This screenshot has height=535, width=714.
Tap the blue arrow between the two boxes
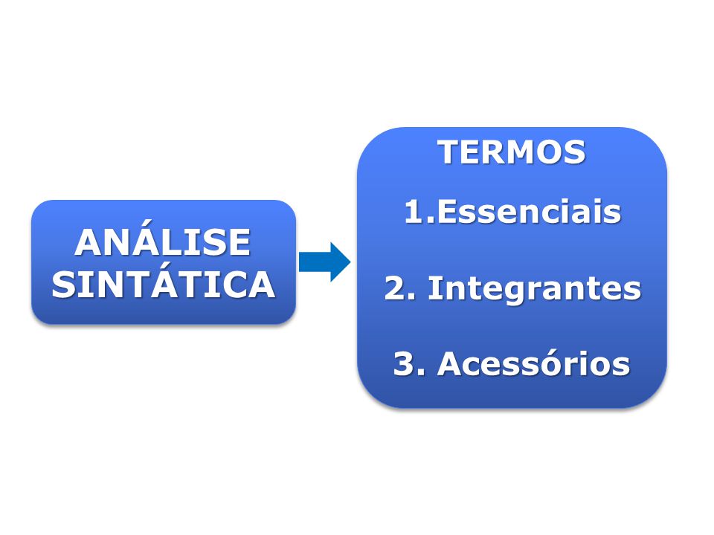point(325,262)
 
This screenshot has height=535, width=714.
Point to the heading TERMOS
point(512,152)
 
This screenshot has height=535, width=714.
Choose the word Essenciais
point(529,212)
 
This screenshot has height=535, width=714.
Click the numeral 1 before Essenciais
point(414,212)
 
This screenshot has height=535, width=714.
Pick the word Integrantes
point(535,289)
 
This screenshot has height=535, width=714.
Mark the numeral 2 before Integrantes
point(396,288)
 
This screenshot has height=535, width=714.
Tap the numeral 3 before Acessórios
point(404,363)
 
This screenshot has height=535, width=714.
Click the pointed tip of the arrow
point(350,262)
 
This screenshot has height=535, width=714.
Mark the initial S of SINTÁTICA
point(62,285)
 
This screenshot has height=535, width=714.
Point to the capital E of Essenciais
point(447,212)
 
